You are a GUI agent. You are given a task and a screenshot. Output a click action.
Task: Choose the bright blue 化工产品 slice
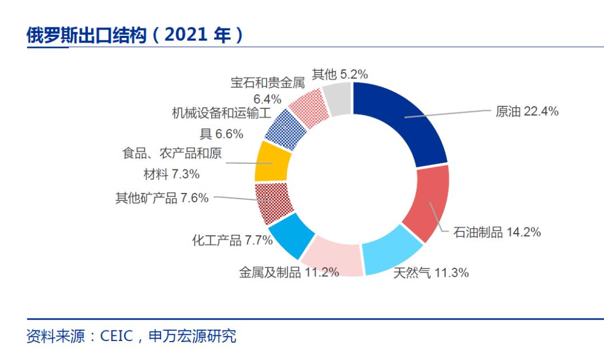pos(291,231)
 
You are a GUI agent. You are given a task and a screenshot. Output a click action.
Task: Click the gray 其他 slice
pos(338,99)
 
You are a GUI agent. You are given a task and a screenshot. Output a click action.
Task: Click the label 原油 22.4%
pos(527,111)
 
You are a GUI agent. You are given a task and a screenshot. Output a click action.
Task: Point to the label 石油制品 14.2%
pos(497,233)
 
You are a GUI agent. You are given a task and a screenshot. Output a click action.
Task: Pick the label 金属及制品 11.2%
pos(289,272)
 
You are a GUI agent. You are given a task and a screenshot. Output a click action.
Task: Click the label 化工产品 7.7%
pos(232,241)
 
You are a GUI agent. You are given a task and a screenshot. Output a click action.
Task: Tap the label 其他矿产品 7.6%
pos(162,198)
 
